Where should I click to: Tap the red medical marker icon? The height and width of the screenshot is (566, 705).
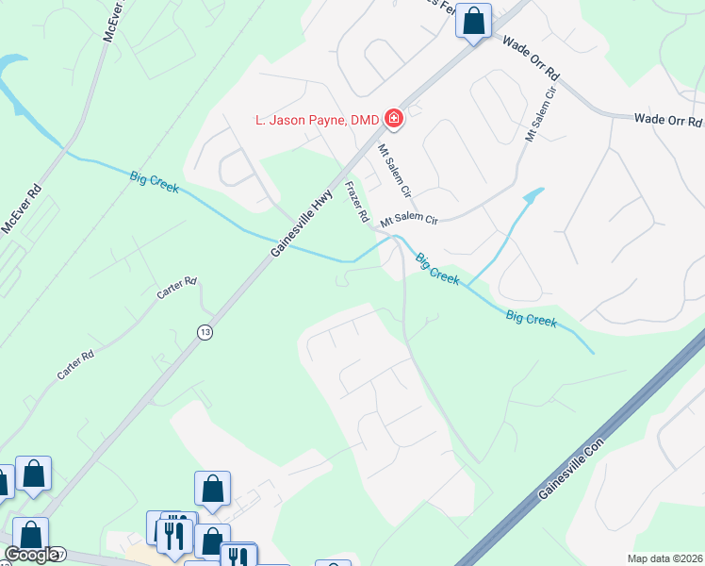[393, 120]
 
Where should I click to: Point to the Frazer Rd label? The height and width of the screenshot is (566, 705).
[356, 202]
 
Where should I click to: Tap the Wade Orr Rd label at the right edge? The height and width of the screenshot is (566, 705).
[668, 120]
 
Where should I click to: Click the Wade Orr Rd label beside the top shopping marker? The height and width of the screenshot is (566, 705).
[532, 58]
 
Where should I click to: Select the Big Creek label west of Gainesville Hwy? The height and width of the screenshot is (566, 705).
[155, 178]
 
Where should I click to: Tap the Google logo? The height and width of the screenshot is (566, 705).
[30, 555]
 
